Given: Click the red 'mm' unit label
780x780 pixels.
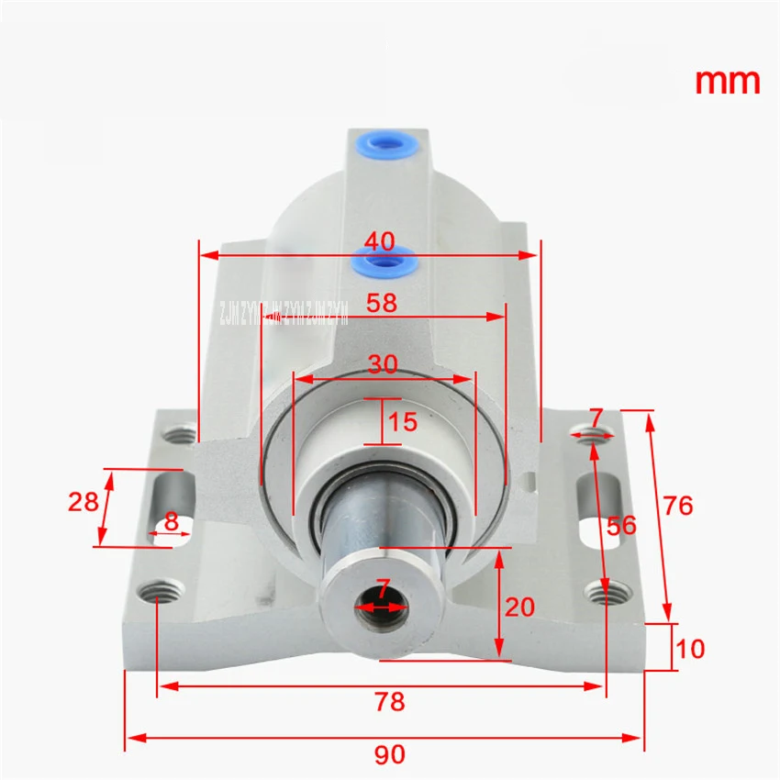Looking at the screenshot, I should click(727, 81).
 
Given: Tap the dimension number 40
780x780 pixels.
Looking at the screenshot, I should click(379, 241).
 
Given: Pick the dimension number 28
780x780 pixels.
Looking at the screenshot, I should click(84, 502).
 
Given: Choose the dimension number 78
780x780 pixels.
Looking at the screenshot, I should click(389, 702).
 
